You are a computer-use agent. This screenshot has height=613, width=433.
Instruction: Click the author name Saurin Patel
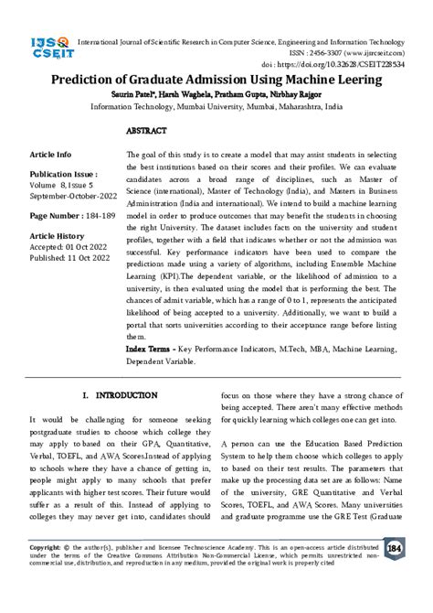coord(159,95)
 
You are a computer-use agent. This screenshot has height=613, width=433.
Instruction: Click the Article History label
coord(61,235)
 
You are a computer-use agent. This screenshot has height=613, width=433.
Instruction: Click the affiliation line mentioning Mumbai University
coord(216,107)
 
